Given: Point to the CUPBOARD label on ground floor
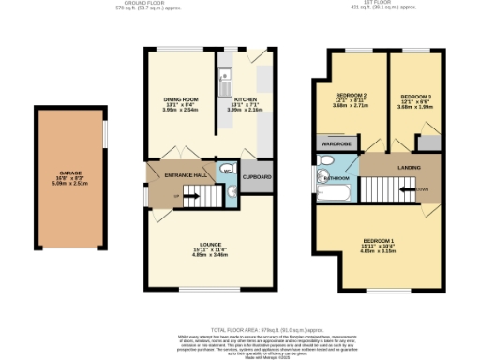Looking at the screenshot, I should pos(257,176).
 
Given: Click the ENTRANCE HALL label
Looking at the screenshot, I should pos(186,175).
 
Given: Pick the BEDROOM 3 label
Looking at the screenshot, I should pos(415,97).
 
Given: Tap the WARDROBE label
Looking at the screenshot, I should pos(335,144).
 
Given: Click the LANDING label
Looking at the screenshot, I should pos(409,169).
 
